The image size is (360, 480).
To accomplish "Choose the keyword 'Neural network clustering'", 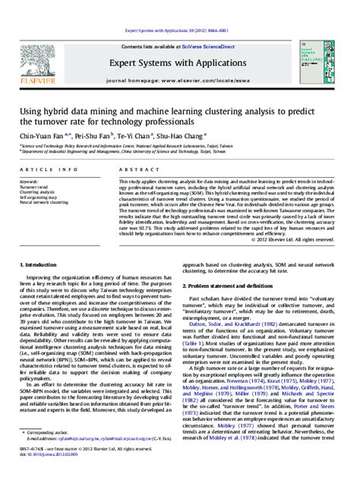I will click(x=46, y=203).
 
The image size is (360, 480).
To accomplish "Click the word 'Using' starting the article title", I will click(x=31, y=109).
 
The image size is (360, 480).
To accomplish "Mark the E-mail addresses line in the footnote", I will click(x=99, y=459).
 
